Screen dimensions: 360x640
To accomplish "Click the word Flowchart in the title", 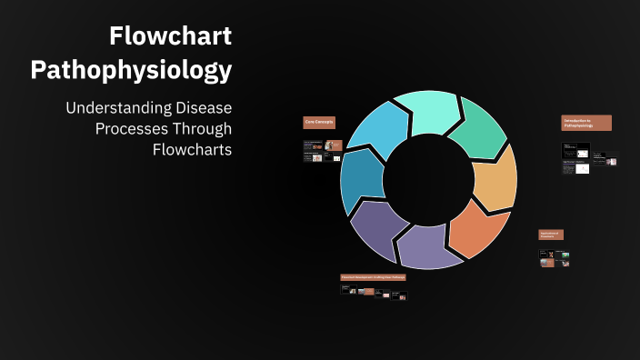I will pyautogui.click(x=170, y=36).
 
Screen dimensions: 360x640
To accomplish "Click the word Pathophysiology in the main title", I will pyautogui.click(x=131, y=69).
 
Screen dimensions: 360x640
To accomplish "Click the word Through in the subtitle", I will pyautogui.click(x=203, y=128).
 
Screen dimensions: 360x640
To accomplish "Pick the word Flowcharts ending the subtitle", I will pyautogui.click(x=192, y=149).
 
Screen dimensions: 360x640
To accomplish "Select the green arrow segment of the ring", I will pyautogui.click(x=479, y=133).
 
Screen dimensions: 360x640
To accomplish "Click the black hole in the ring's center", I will pyautogui.click(x=429, y=179).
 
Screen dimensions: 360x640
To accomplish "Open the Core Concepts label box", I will pyautogui.click(x=320, y=123).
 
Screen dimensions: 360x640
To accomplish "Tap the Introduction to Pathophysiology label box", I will pyautogui.click(x=586, y=123).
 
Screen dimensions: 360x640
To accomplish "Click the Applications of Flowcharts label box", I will pyautogui.click(x=551, y=235).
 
